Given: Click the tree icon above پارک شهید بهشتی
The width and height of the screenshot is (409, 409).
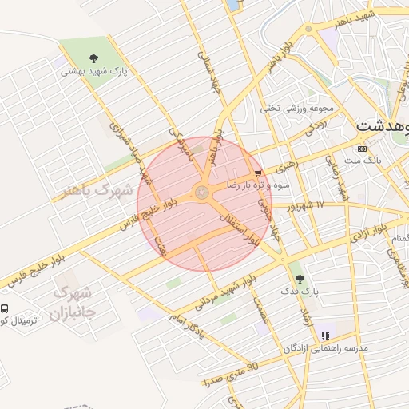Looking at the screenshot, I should [x=93, y=58].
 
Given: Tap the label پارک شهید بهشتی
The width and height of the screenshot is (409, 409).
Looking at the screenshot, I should [x=93, y=71].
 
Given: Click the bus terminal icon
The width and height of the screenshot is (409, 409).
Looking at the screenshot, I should [x=5, y=308].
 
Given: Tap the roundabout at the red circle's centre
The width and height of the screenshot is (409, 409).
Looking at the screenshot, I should [x=201, y=192].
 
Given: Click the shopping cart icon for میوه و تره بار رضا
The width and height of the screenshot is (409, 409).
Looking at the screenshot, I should [x=256, y=173].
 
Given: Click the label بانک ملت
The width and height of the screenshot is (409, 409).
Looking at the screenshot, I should [x=363, y=161].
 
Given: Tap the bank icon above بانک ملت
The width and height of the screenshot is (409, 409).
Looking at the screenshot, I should [x=363, y=149].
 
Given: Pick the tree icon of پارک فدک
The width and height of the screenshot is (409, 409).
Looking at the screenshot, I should [x=300, y=279].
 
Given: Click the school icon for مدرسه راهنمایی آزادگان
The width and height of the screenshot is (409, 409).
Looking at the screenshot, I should [x=324, y=336].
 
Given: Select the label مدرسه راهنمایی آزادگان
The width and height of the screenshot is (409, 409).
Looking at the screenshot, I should [x=325, y=349].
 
